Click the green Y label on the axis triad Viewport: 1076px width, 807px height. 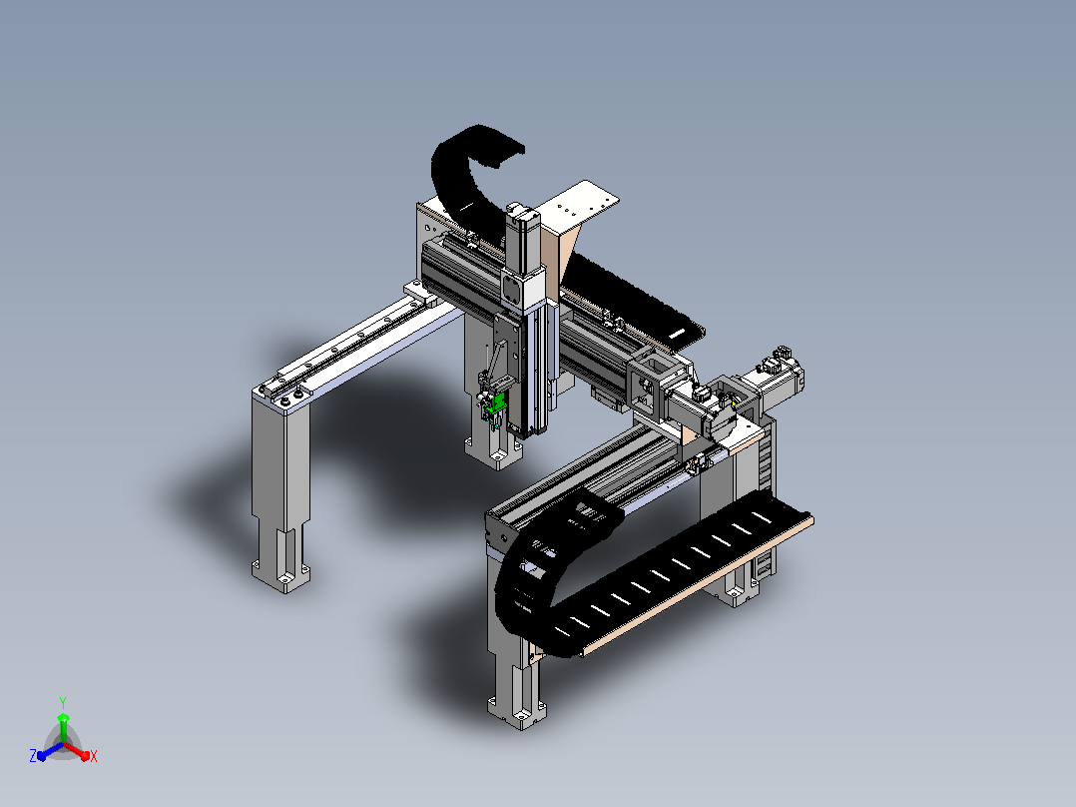[x=63, y=702]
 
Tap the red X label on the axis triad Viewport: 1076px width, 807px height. [x=94, y=756]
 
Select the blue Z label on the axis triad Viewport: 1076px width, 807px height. [x=33, y=756]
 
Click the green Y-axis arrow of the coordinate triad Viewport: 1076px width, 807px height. [x=63, y=727]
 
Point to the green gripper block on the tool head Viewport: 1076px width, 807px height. [x=494, y=404]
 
